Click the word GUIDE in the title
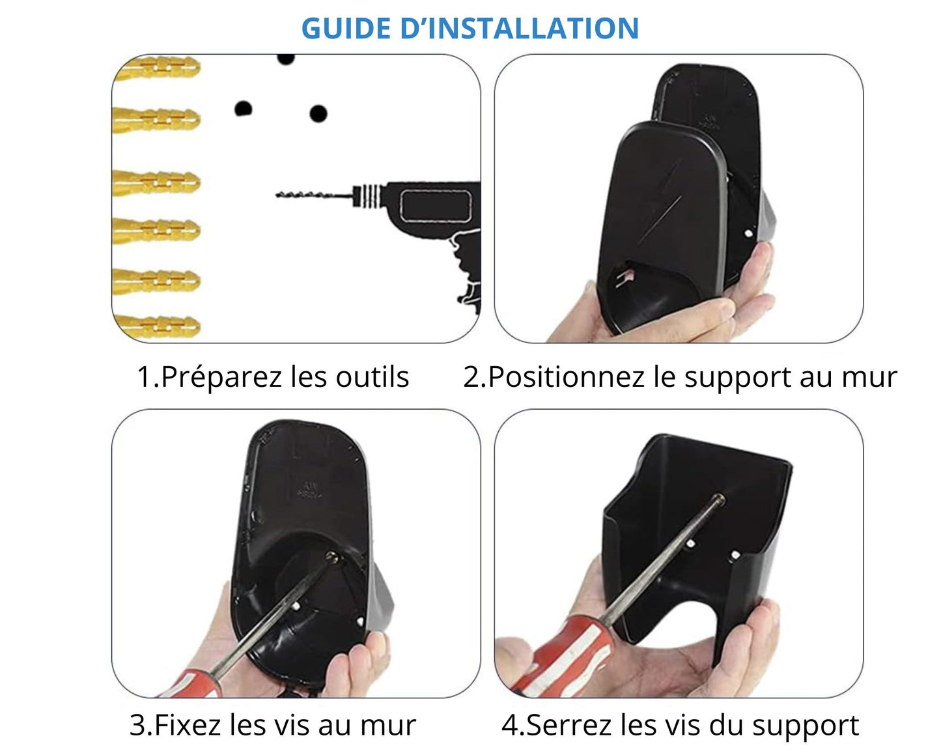point(346,29)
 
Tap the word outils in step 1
point(372,376)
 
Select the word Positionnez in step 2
point(567,376)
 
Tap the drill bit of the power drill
point(314,195)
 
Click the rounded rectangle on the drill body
point(436,206)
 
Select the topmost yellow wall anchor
point(156,68)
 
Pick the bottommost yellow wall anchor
point(156,326)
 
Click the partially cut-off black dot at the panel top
point(286,59)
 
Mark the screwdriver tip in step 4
point(720,499)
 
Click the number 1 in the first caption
point(143,376)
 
